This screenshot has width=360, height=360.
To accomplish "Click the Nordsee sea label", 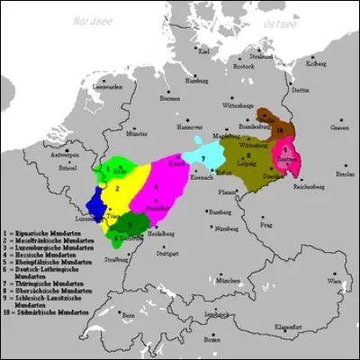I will [94, 19].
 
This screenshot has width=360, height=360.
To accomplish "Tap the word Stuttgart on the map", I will [166, 254].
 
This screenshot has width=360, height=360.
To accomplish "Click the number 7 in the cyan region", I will [203, 158].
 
